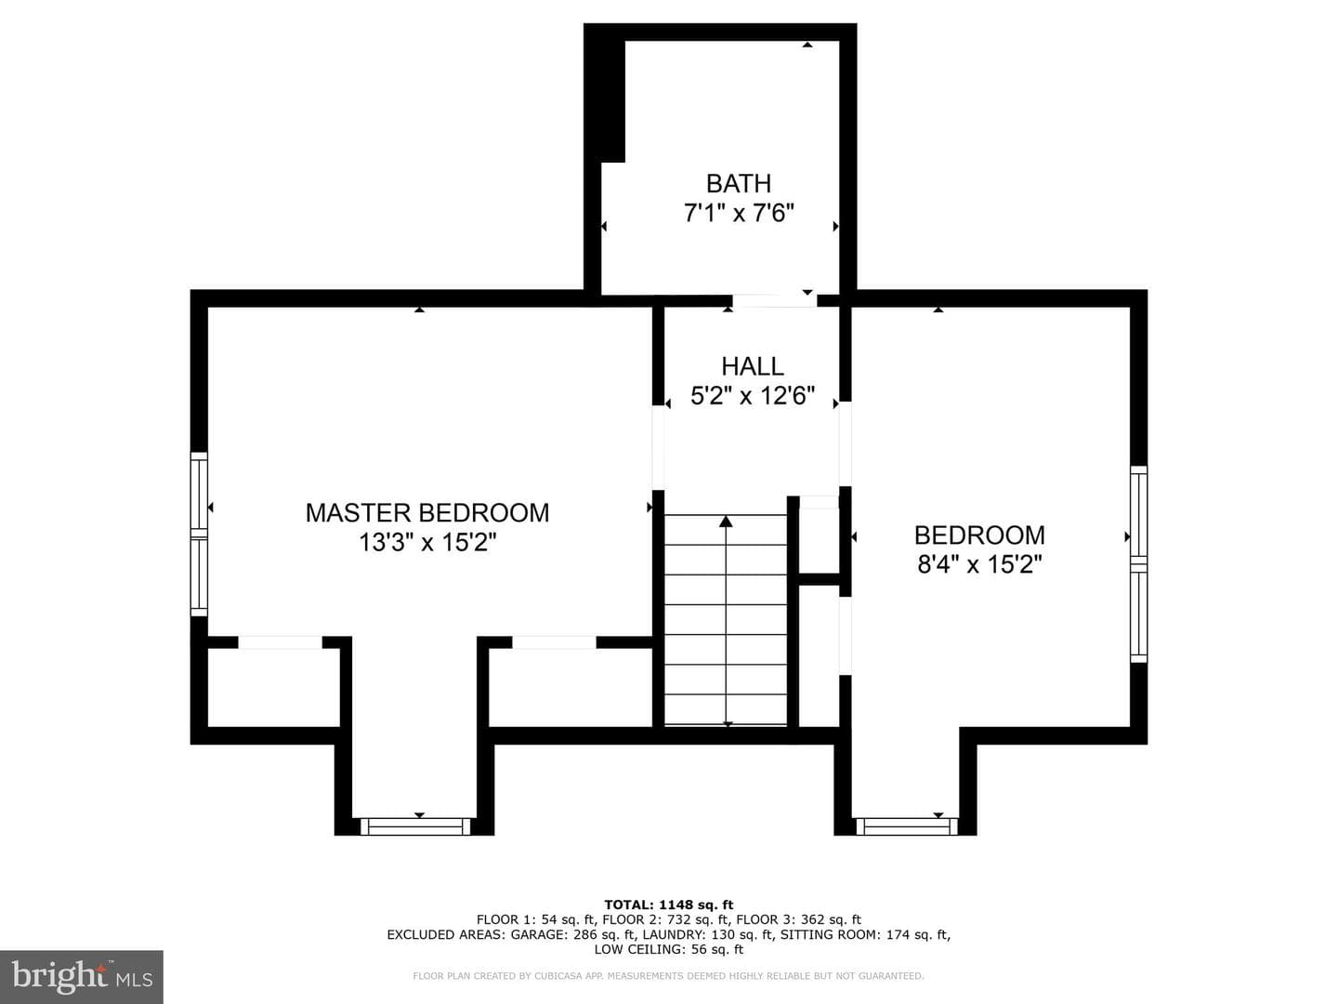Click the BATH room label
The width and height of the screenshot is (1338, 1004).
coord(738,183)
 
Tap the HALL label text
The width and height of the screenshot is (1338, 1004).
coord(753,366)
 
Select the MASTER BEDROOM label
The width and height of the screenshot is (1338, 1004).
coord(427,512)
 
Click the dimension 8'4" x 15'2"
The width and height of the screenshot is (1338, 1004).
coord(979,564)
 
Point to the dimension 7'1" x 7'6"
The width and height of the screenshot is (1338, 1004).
coord(739,214)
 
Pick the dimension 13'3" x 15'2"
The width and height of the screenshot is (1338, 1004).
coord(427,542)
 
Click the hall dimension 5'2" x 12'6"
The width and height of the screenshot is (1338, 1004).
coord(753,396)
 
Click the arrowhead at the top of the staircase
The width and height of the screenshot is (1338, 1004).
coord(726,522)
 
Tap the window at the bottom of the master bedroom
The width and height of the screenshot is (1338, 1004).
coord(415,826)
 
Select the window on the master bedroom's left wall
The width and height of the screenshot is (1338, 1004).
coord(200,534)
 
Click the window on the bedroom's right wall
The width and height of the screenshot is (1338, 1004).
coord(1138,564)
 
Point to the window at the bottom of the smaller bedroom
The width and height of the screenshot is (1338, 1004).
coord(907,826)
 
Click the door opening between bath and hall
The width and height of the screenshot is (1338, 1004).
coord(774,300)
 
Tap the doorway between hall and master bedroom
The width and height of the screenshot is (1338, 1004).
coord(658,447)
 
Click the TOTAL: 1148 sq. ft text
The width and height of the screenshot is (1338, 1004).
coord(669,905)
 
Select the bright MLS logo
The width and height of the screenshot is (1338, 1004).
coord(81,976)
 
